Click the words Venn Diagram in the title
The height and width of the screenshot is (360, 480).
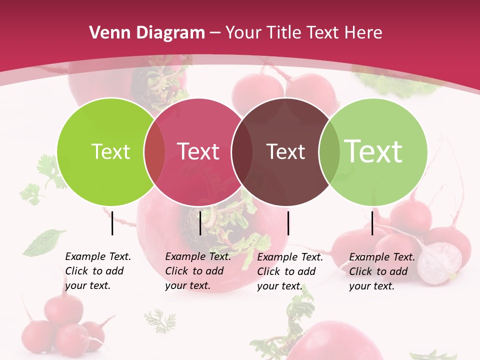pyautogui.click(x=147, y=33)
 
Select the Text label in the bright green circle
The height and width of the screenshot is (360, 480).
pyautogui.click(x=110, y=151)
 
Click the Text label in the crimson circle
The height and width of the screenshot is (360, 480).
pyautogui.click(x=198, y=151)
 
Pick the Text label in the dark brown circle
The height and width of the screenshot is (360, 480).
pyautogui.click(x=286, y=151)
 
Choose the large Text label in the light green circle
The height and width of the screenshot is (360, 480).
pyautogui.click(x=373, y=151)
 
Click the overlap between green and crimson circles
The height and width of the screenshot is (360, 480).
pyautogui.click(x=154, y=151)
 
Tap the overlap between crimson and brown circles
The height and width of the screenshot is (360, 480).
pyautogui.click(x=242, y=151)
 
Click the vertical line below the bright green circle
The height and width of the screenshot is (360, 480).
pyautogui.click(x=112, y=223)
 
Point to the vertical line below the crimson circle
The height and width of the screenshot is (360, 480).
pyautogui.click(x=200, y=223)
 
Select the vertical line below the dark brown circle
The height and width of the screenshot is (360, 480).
pyautogui.click(x=288, y=223)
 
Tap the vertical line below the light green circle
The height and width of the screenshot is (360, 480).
pyautogui.click(x=372, y=223)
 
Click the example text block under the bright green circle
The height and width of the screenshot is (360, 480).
pyautogui.click(x=98, y=271)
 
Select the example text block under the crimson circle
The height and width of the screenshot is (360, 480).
pyautogui.click(x=198, y=271)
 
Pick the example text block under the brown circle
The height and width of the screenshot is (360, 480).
pyautogui.click(x=290, y=271)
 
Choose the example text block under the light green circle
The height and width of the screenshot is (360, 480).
pyautogui.click(x=382, y=271)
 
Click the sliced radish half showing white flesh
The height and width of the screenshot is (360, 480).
pyautogui.click(x=439, y=263)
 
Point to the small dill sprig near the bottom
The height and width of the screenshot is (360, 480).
pyautogui.click(x=160, y=320)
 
